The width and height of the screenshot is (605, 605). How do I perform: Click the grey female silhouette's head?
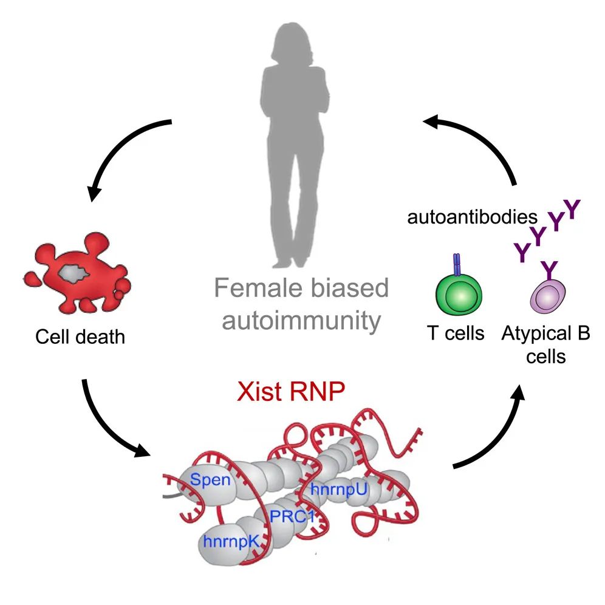coord(292,43)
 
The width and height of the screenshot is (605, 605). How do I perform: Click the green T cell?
coord(459,295)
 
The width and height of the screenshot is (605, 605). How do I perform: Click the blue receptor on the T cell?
coord(457,265)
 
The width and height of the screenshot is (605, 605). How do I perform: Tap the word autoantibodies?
coord(472,217)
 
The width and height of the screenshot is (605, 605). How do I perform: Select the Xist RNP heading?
coord(291,391)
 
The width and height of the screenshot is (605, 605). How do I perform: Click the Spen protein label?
coord(210,480)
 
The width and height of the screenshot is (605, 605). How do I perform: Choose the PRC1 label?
coord(292,516)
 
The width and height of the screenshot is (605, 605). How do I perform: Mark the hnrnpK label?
coord(231,542)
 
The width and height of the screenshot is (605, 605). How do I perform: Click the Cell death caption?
coord(80,337)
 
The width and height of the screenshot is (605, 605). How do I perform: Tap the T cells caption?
coord(456,333)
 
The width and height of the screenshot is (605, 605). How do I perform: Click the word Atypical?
coord(537,334)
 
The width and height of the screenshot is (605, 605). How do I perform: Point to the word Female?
coord(258,288)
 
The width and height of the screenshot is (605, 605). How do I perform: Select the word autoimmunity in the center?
coord(301,321)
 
